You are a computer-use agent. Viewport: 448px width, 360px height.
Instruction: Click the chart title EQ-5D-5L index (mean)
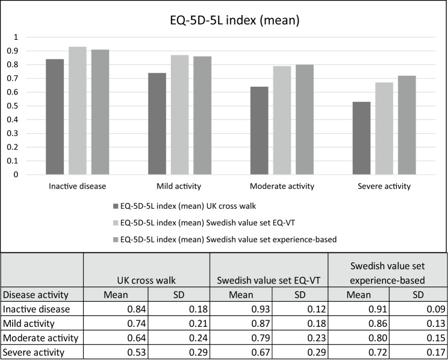pyautogui.click(x=235, y=20)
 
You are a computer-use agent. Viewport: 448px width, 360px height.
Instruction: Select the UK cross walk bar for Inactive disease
pyautogui.click(x=55, y=117)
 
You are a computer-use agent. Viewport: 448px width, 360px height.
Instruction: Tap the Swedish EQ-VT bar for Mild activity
pyautogui.click(x=179, y=114)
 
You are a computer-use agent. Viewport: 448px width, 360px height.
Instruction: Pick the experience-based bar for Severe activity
pyautogui.click(x=407, y=125)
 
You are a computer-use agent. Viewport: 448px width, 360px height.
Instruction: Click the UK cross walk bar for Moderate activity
pyautogui.click(x=260, y=130)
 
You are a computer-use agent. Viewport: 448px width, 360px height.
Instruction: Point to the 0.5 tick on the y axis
pyautogui.click(x=12, y=106)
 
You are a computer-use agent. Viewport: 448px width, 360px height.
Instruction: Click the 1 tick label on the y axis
pyautogui.click(x=16, y=37)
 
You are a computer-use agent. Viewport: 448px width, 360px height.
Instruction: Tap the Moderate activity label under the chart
pyautogui.click(x=282, y=186)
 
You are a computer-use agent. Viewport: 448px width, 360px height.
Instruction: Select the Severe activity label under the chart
pyautogui.click(x=384, y=186)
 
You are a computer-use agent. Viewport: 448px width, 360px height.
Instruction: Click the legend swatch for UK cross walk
pyautogui.click(x=116, y=206)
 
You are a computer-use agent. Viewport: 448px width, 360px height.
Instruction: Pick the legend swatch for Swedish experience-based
pyautogui.click(x=116, y=239)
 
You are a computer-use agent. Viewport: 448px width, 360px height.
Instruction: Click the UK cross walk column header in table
pyautogui.click(x=146, y=281)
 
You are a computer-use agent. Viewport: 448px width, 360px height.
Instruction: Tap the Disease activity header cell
pyautogui.click(x=36, y=294)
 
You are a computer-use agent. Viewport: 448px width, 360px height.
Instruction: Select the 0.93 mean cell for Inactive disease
pyautogui.click(x=261, y=309)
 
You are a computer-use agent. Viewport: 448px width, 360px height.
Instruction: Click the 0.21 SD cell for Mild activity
pyautogui.click(x=198, y=323)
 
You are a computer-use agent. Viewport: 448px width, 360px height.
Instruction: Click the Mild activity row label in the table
pyautogui.click(x=28, y=323)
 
